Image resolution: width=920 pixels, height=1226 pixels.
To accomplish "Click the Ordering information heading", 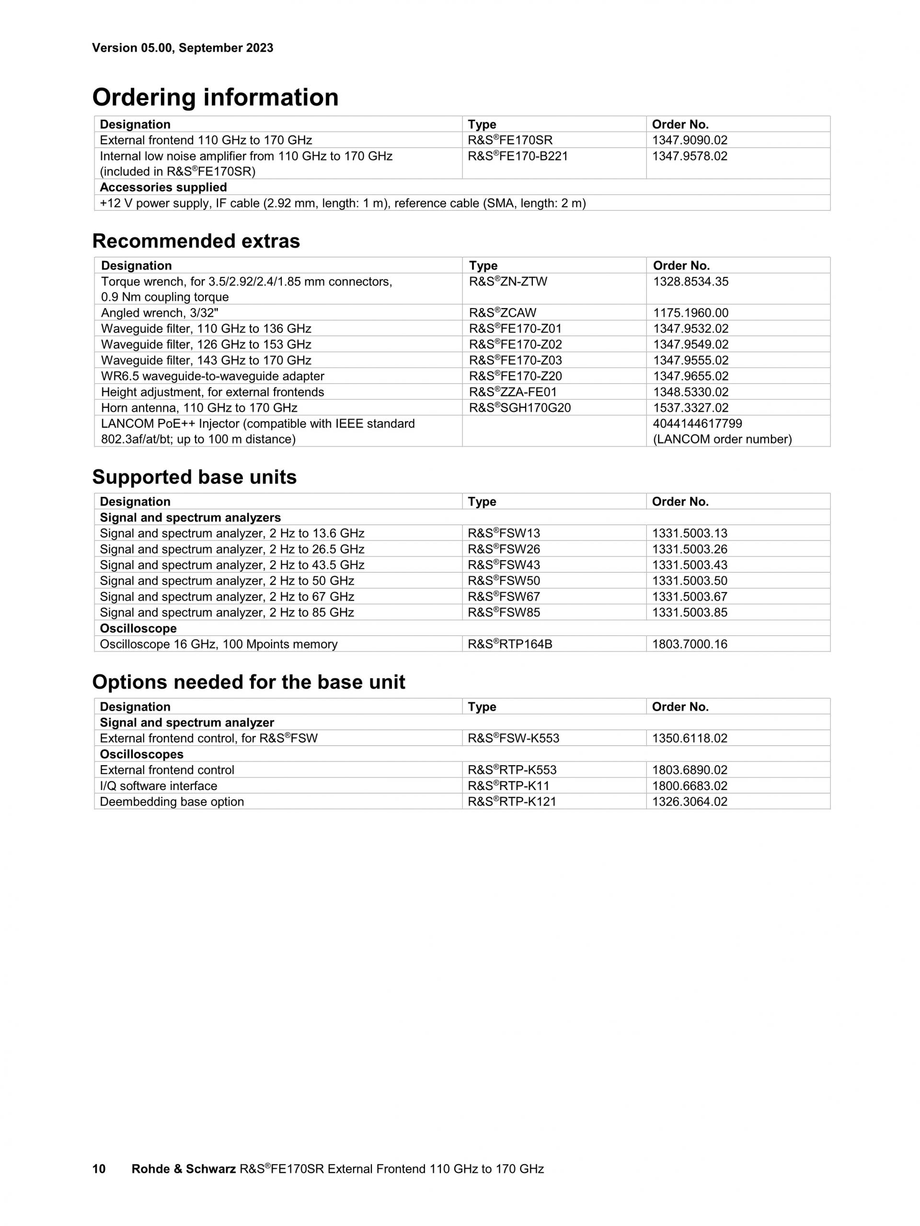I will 215,98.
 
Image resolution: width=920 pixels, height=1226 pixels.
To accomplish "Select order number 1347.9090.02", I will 689,140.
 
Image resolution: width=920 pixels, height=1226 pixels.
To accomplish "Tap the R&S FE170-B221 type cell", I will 517,156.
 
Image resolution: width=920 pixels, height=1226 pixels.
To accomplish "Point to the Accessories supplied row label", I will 163,187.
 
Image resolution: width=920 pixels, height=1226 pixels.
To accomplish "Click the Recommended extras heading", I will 195,241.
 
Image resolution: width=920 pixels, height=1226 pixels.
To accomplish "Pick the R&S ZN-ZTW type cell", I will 507,282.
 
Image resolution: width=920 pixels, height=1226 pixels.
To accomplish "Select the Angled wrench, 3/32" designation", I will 160,313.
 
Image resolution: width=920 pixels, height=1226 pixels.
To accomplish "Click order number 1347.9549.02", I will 690,345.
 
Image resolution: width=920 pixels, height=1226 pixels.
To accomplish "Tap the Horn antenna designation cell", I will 199,408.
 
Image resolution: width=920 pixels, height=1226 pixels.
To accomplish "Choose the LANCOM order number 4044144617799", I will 697,424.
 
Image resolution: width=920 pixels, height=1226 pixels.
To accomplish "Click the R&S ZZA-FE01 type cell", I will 513,392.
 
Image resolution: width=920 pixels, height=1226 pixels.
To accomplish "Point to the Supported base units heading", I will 194,477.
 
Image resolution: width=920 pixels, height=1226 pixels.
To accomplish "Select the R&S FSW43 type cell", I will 503,565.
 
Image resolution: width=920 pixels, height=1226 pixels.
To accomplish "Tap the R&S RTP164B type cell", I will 509,644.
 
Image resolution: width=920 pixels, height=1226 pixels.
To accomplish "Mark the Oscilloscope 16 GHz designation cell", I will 218,644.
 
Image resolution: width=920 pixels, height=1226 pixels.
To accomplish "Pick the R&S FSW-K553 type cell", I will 513,738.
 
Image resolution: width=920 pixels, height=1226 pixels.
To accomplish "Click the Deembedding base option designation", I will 172,802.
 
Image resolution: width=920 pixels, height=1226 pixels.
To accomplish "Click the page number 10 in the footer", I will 99,1169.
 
